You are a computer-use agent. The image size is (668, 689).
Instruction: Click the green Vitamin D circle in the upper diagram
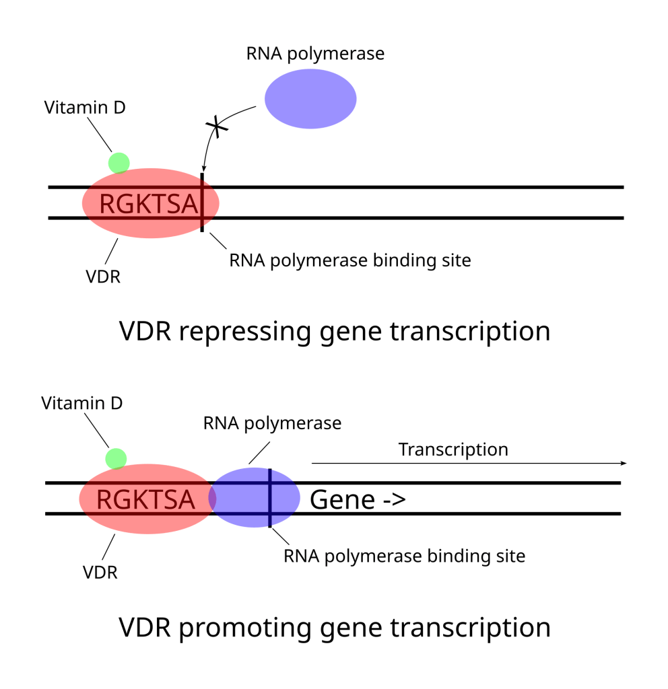119,163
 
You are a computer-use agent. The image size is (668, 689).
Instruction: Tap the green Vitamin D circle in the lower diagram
116,458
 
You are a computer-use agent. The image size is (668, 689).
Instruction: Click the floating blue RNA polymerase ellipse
310,99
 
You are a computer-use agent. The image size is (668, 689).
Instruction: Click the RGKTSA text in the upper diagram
148,204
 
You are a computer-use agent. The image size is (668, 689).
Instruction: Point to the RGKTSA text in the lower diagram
145,500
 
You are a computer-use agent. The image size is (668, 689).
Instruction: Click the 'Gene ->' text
357,500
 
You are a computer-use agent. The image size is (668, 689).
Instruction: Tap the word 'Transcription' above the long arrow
453,449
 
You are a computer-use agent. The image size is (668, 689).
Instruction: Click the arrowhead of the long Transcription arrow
624,463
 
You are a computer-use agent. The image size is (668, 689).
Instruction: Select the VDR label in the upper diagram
103,277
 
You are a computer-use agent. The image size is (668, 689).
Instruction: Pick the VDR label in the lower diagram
100,573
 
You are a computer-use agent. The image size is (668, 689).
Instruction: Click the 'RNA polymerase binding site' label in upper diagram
349,260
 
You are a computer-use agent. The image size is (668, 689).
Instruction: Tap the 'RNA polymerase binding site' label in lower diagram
404,556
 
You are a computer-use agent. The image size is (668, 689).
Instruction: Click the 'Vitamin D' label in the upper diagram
85,107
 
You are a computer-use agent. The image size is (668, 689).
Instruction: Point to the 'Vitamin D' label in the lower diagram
82,403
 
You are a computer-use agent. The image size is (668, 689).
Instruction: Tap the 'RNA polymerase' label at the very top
315,54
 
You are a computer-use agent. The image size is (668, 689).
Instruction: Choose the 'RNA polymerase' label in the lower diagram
272,423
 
